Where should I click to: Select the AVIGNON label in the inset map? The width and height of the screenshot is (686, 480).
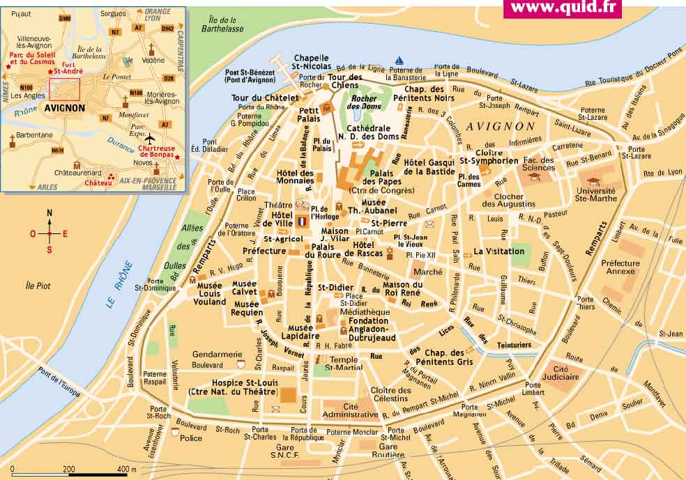point(64,108)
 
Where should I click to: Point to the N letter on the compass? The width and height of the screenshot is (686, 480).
point(49,213)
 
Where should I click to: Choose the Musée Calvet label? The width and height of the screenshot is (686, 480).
point(244,288)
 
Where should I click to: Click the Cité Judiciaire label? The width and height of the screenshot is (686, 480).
point(565,373)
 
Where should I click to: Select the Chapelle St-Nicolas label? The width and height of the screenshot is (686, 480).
point(311,63)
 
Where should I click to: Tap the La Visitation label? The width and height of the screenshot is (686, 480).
point(499,251)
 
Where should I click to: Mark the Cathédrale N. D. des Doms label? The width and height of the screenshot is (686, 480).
point(368,132)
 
